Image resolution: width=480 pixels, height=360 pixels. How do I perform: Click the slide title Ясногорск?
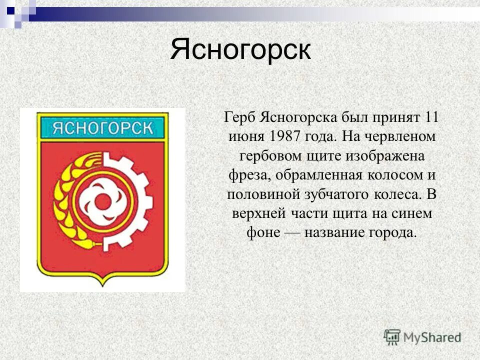coord(240,50)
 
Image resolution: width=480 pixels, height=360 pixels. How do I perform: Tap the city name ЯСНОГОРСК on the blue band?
coord(102,127)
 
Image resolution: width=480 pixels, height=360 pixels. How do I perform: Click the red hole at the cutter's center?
coord(104,201)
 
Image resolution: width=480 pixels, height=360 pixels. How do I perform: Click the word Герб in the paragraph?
coord(238,117)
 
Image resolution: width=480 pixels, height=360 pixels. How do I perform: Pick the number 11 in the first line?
coord(430,117)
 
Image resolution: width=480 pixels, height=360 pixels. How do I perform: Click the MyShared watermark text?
coord(432,337)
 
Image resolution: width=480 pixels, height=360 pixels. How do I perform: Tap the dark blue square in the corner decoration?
coord(10,8)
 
